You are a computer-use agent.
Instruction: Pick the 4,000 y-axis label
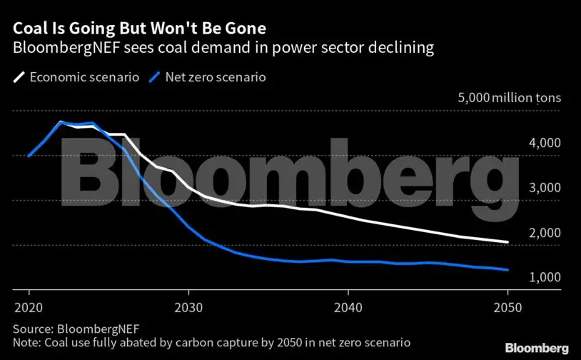pos(545,143)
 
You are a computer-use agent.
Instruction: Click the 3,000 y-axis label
pos(545,188)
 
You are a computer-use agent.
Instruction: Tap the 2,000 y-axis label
pos(545,233)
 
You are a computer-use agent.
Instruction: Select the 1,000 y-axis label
pos(545,277)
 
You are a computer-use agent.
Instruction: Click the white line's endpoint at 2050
pos(507,242)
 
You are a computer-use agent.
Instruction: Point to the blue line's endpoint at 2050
pos(507,270)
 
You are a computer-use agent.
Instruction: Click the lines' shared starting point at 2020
pos(29,156)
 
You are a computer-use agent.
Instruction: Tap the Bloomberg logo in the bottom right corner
pos(537,348)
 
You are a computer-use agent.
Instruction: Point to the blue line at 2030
pos(188,226)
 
